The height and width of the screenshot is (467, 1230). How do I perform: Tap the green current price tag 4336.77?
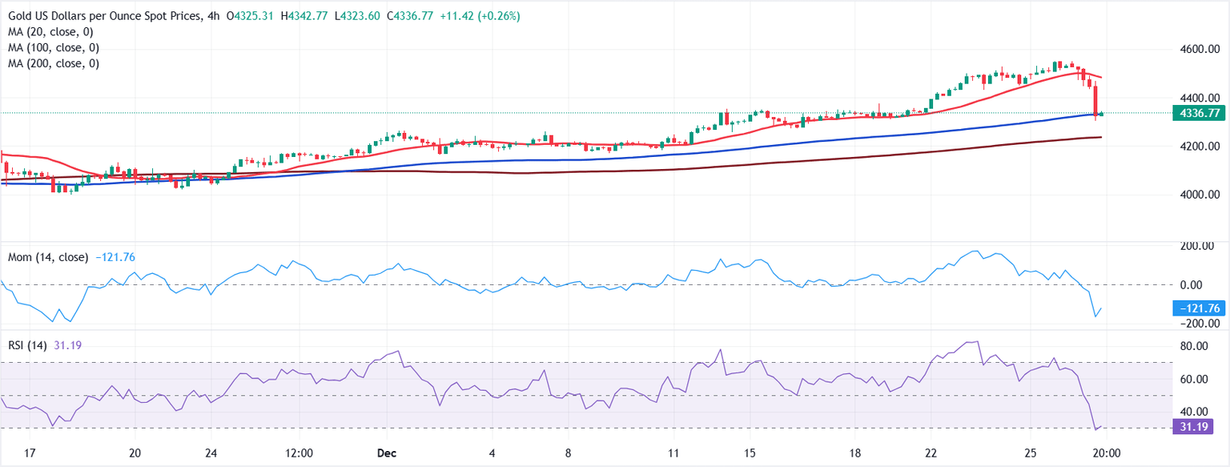tap(1199, 114)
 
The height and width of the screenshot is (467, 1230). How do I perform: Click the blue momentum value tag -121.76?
tap(1199, 308)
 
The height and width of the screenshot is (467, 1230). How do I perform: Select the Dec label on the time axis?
tap(387, 453)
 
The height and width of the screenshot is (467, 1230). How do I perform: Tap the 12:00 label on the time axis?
tap(299, 453)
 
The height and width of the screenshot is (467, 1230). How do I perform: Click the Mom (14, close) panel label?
tap(48, 257)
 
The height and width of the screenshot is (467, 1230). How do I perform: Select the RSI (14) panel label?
tap(29, 345)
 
